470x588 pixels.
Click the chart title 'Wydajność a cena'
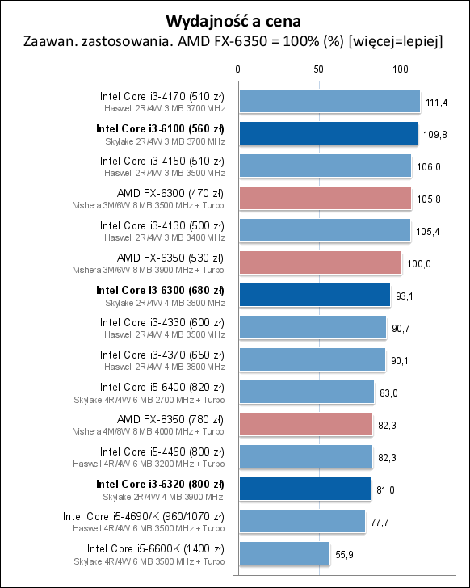click(x=234, y=19)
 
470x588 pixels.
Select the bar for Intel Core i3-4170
click(x=329, y=101)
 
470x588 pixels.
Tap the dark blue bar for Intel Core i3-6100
click(x=327, y=133)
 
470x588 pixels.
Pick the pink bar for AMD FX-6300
click(x=324, y=198)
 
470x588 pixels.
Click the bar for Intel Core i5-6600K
click(x=283, y=553)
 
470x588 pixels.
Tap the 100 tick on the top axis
click(x=400, y=69)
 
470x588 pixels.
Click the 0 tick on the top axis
click(x=237, y=69)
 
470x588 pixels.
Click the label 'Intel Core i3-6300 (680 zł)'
click(x=160, y=289)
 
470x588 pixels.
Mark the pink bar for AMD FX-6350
click(x=320, y=262)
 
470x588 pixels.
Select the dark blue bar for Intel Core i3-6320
click(x=304, y=489)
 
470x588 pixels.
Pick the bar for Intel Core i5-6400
click(x=305, y=392)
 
